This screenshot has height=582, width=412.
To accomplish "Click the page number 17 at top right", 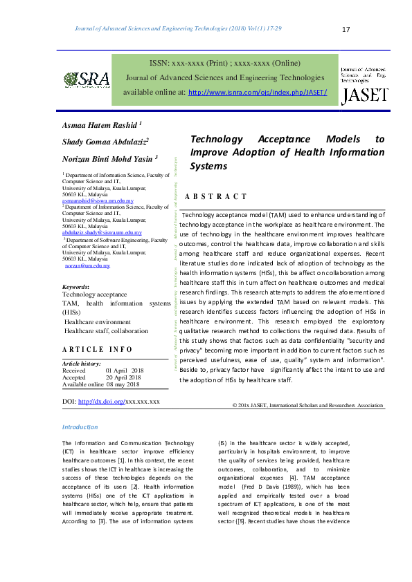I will [347, 29].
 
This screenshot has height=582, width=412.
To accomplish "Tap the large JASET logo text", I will [364, 95].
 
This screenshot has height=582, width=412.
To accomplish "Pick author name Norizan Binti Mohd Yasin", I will [110, 159].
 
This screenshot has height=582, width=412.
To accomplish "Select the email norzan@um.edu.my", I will [87, 265].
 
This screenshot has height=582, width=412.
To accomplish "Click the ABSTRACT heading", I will [215, 197].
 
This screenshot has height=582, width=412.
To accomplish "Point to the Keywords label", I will [75, 286].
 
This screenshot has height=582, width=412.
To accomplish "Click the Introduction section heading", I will [80, 428].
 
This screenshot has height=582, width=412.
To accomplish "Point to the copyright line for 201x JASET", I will [307, 405].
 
